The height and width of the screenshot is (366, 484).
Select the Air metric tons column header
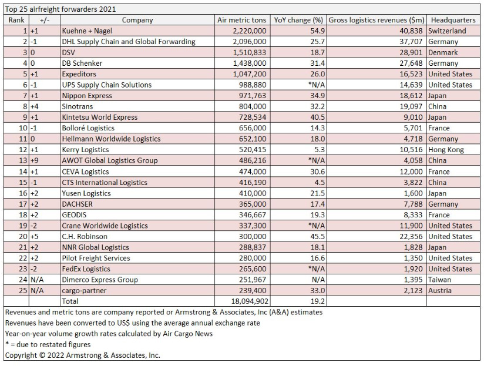tap(241, 20)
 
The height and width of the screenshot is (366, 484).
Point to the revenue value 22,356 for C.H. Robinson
tap(410, 236)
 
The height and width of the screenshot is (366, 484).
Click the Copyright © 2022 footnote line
tap(82, 355)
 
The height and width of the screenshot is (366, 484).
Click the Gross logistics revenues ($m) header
tap(377, 20)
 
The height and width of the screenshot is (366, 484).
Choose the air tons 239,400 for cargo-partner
tap(251, 290)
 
